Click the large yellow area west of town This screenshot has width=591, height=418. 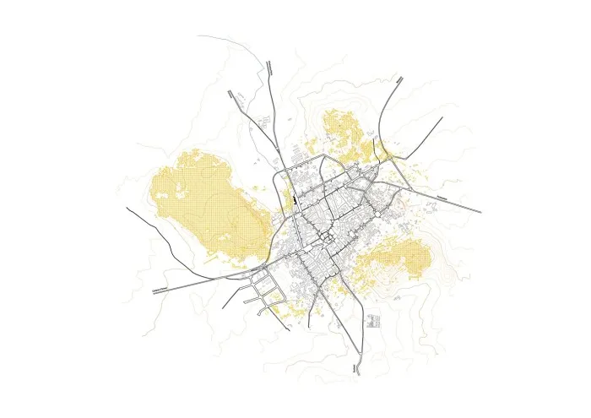207,203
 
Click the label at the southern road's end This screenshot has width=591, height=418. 355,369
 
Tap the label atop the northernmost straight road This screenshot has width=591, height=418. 268,65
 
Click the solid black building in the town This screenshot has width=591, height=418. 295,203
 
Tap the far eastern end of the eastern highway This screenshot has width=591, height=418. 480,211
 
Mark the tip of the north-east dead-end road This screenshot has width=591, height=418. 442,117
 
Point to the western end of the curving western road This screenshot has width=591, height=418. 127,207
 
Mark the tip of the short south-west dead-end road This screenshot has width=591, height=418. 224,309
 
